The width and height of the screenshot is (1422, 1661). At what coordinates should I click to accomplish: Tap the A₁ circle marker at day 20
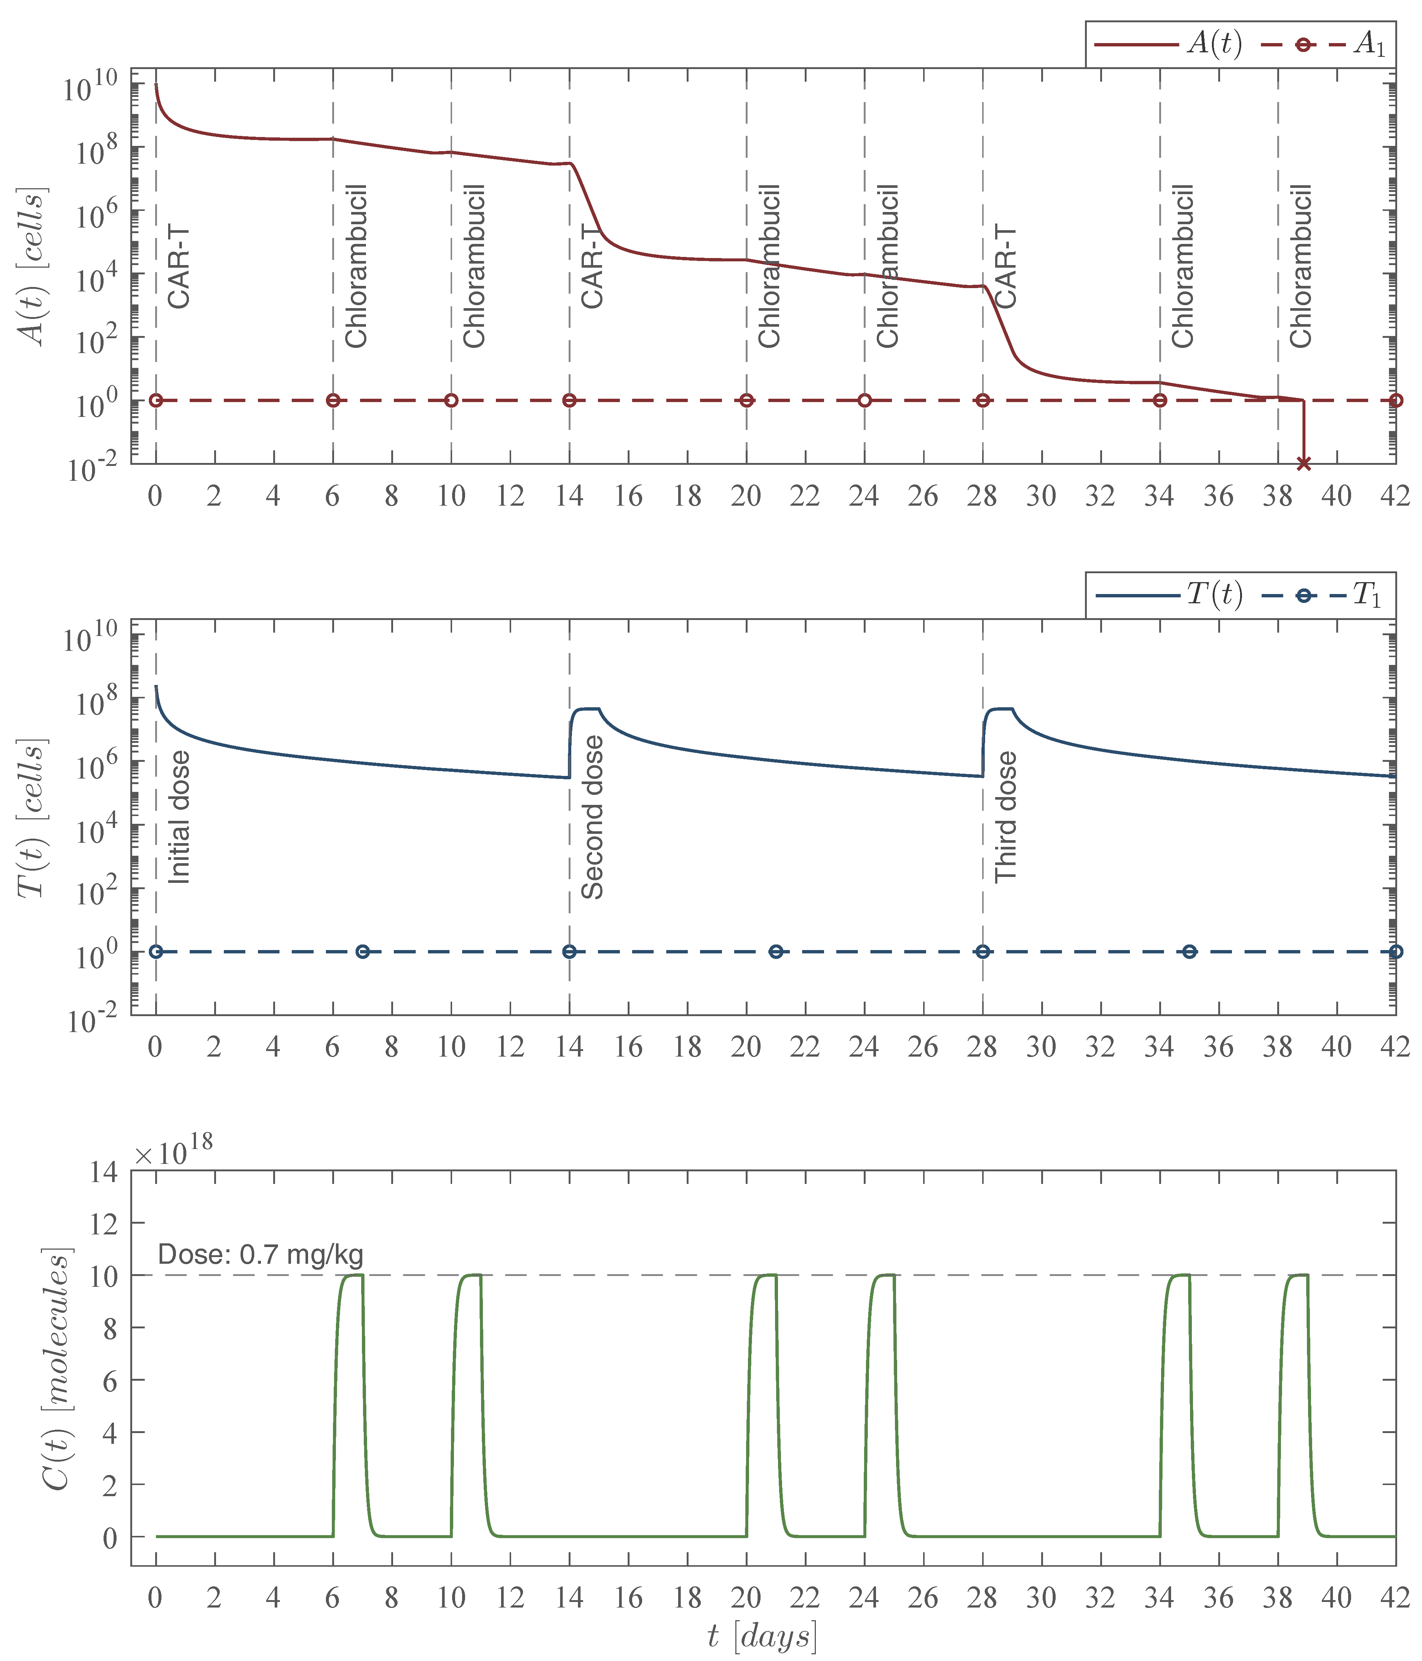[x=746, y=400]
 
